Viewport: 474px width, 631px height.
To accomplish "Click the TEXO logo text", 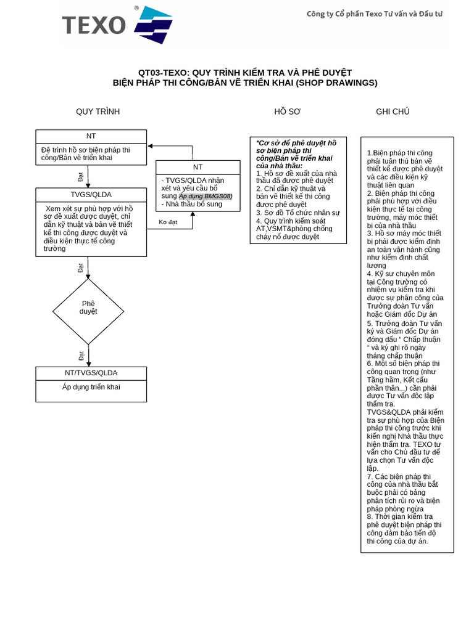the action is (x=94, y=25).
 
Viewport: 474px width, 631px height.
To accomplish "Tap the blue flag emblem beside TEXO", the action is (x=154, y=25).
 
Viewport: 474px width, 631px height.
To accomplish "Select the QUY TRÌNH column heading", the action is (x=98, y=112).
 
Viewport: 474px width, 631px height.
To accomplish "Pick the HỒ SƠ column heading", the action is (x=288, y=112).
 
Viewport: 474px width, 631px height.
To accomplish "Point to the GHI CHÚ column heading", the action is (x=393, y=112).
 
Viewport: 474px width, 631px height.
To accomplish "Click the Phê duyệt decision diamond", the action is (x=88, y=311).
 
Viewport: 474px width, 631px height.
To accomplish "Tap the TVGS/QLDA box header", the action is (x=91, y=195).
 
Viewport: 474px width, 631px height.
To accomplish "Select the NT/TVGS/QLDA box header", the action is (x=91, y=373).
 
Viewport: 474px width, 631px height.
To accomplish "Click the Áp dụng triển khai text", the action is (x=91, y=387).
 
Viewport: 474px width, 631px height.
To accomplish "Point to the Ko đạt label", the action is (x=168, y=222).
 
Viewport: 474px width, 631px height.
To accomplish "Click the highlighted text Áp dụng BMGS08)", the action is (x=206, y=197).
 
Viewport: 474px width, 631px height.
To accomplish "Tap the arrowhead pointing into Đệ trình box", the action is (x=151, y=146).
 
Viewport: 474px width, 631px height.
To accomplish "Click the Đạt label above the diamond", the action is (x=81, y=267).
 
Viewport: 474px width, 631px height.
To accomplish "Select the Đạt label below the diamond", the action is (x=81, y=356).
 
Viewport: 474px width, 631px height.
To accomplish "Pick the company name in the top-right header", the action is (x=375, y=14).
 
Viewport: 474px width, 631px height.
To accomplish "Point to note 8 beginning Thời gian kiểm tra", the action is (x=404, y=529).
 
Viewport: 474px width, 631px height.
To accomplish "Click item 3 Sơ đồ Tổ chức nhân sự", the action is (x=298, y=213).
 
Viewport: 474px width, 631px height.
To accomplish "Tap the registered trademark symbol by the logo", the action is (x=136, y=8).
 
